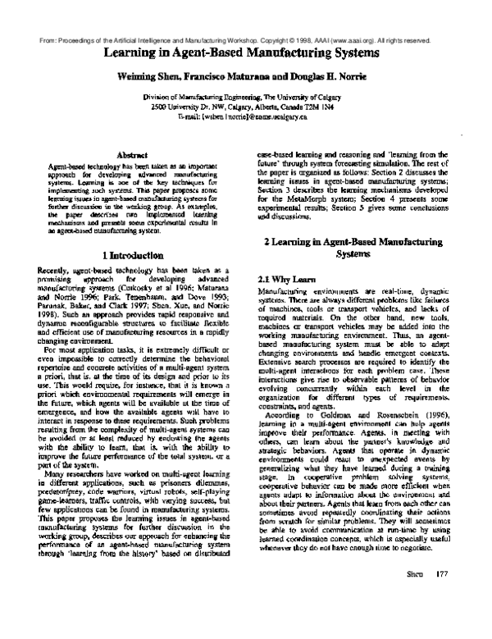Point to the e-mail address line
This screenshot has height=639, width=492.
[245, 119]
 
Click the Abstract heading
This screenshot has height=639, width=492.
[132, 153]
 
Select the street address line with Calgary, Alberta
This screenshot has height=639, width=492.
[245, 108]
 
